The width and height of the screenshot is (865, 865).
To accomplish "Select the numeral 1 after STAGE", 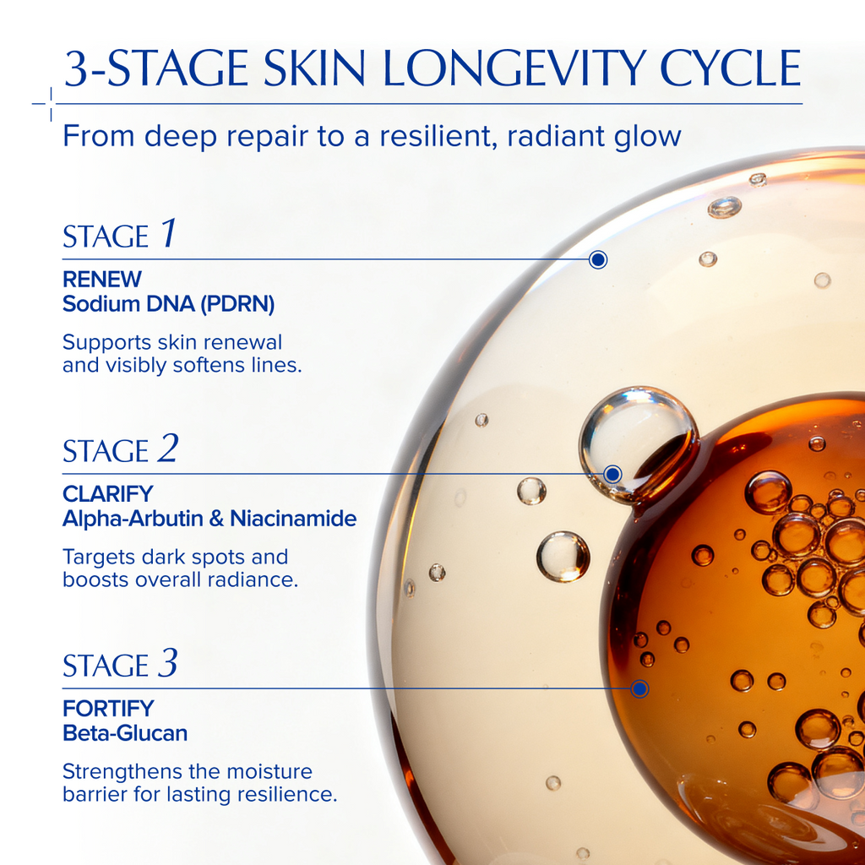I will pos(169,234).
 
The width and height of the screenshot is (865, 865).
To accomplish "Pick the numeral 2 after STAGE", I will pos(168,449).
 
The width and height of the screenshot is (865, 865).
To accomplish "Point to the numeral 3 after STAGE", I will pos(168,664).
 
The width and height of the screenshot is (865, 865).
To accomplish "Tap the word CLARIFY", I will pos(108,494).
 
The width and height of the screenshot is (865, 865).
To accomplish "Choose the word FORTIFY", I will pos(108,709).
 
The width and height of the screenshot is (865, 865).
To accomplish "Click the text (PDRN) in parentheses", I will pos(237,304).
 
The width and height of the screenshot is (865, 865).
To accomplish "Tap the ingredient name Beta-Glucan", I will pos(125,733).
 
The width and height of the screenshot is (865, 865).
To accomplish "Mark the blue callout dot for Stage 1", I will pos(598,259).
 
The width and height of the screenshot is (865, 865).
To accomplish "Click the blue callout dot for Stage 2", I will pos(613,474).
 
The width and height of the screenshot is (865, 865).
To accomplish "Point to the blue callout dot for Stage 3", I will pos(639,688).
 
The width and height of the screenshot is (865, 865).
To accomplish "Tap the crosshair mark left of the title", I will pos(50,104).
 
